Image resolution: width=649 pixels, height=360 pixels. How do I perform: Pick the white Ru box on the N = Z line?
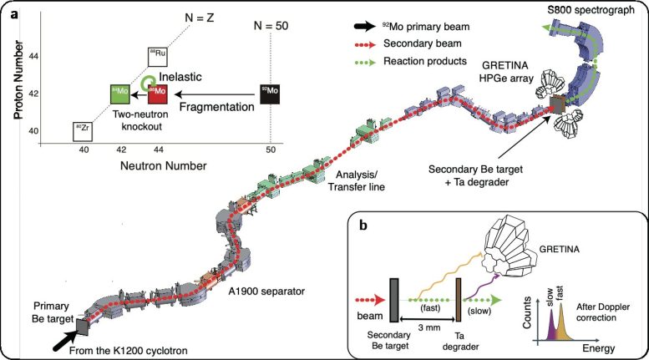[x=158, y=56]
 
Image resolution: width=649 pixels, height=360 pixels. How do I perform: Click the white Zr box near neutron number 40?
[x=82, y=131]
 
